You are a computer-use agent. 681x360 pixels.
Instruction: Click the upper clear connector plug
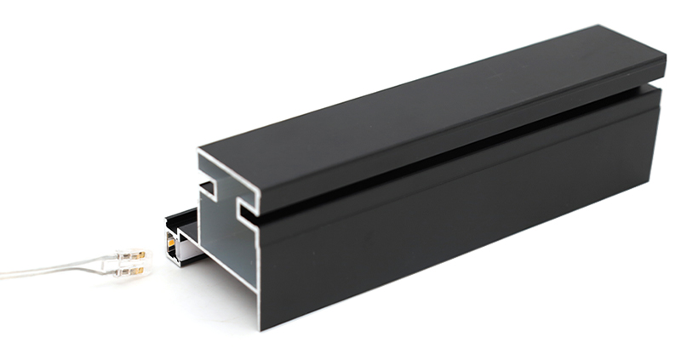pos(130,254)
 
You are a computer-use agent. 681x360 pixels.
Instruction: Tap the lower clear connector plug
pos(127,271)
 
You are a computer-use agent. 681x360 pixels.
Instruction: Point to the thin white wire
pos(51,271)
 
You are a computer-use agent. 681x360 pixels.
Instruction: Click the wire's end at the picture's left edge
pos(3,274)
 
